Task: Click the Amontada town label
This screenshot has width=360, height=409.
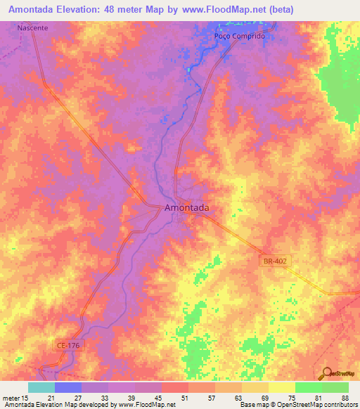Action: pyautogui.click(x=186, y=208)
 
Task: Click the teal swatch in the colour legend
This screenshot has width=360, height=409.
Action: pyautogui.click(x=41, y=387)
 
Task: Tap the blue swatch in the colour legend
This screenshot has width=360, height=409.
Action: pyautogui.click(x=68, y=387)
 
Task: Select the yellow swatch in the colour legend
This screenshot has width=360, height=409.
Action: pyautogui.click(x=281, y=387)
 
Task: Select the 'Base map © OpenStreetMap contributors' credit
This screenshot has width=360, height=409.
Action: pyautogui.click(x=298, y=405)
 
